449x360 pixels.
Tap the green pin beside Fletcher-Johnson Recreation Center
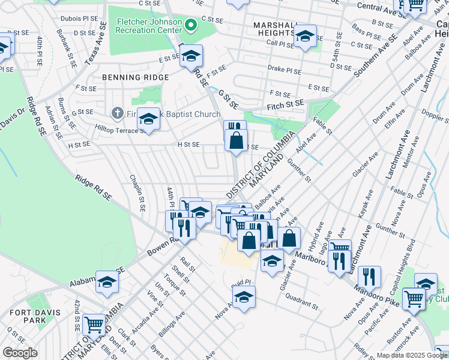(191, 25)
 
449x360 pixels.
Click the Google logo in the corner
(20, 353)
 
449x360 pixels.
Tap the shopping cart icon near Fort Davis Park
(94, 325)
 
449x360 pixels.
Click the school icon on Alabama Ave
(107, 281)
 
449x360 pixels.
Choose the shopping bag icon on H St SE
(238, 141)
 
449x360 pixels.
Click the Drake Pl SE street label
(285, 70)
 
